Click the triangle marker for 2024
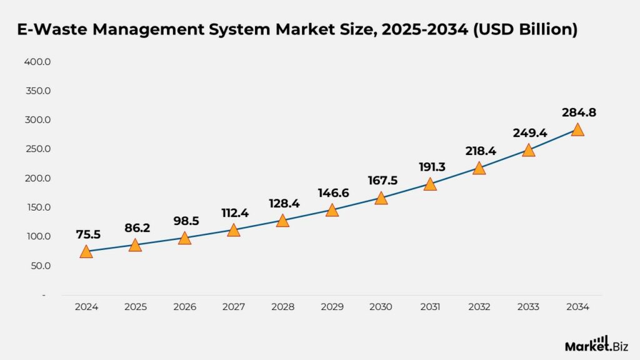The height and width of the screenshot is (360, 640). pyautogui.click(x=86, y=252)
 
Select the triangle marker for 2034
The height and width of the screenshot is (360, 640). pyautogui.click(x=577, y=130)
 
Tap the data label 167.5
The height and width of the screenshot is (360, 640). pyautogui.click(x=381, y=181)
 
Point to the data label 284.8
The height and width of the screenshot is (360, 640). pyautogui.click(x=577, y=113)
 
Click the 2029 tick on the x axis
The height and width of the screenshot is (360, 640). pyautogui.click(x=331, y=307)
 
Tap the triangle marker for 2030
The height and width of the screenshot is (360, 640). pyautogui.click(x=381, y=199)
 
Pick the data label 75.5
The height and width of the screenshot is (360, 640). pyautogui.click(x=86, y=234)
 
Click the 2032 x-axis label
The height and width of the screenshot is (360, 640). pyautogui.click(x=479, y=307)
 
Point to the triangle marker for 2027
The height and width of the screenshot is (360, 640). pyautogui.click(x=233, y=231)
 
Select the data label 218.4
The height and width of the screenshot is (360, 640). pyautogui.click(x=479, y=151)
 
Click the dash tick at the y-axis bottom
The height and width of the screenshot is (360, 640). pyautogui.click(x=44, y=295)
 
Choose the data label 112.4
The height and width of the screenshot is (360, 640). pyautogui.click(x=233, y=213)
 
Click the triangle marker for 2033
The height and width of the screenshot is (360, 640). pyautogui.click(x=528, y=151)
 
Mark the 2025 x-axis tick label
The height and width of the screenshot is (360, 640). pyautogui.click(x=135, y=307)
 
